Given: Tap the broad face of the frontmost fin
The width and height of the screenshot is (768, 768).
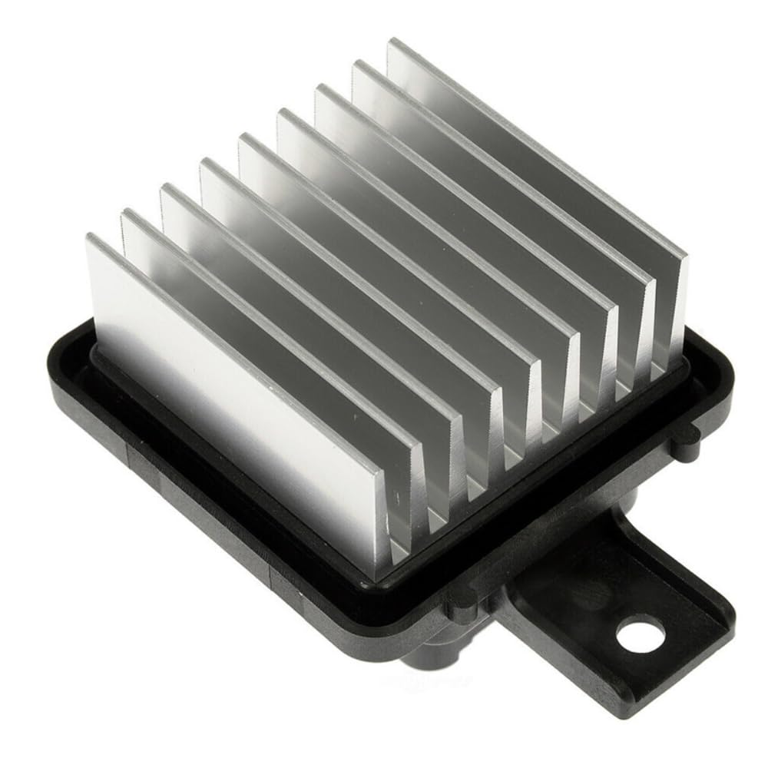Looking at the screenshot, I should point(230,384).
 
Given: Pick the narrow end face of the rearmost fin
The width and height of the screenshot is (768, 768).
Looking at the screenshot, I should point(680,307).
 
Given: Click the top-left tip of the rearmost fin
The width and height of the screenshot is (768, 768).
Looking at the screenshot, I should point(392,42).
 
